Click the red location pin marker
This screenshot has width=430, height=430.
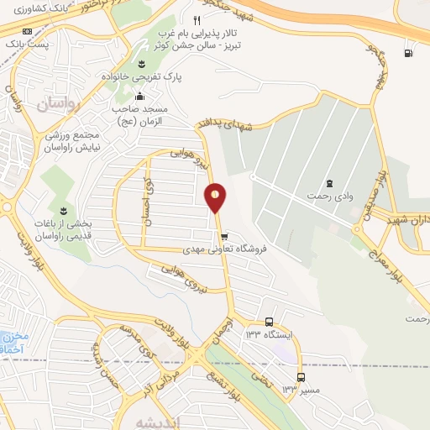(216, 197)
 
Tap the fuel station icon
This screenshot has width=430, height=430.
(408, 55)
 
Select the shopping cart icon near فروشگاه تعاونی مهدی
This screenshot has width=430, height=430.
(223, 237)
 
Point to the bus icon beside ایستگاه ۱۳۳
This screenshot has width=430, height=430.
(269, 322)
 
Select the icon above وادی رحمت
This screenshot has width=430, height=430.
(328, 183)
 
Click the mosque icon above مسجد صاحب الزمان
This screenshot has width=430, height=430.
(140, 96)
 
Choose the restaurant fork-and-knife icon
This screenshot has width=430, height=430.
(197, 19)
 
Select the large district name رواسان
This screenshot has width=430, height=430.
(57, 104)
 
